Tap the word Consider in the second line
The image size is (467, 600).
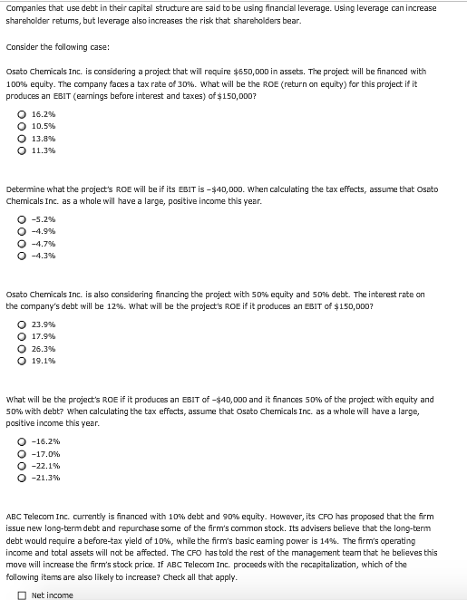(x=23, y=47)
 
